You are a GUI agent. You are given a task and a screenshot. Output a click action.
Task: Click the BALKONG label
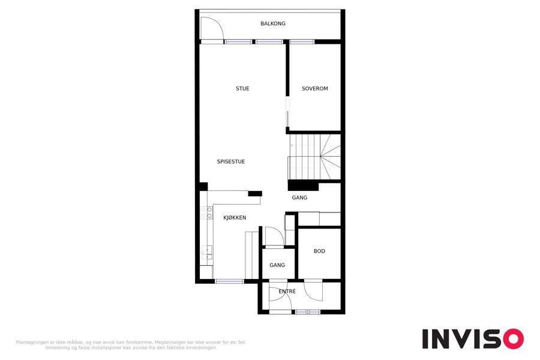click(273, 23)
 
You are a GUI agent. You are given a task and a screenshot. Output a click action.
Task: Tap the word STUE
click(242, 89)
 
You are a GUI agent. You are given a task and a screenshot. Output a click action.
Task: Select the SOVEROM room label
click(315, 89)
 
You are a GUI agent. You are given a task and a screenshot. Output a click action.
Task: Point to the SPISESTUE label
click(231, 161)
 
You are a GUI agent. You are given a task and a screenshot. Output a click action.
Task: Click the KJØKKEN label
click(235, 218)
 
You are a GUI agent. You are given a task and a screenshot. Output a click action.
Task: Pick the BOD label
click(319, 251)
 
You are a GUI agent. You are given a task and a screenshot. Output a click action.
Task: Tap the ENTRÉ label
click(287, 292)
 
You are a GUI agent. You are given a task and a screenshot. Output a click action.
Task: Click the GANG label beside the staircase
click(299, 198)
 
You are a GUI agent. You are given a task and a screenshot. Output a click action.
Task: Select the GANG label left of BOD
click(277, 265)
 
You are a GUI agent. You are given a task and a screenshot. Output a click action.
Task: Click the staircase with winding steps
click(315, 157)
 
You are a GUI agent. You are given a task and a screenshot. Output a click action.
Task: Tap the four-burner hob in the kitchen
click(206, 212)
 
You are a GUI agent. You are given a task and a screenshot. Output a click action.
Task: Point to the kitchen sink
click(206, 252)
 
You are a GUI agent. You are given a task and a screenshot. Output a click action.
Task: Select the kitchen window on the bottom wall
click(229, 281)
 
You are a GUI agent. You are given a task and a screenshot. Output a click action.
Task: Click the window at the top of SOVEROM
click(302, 41)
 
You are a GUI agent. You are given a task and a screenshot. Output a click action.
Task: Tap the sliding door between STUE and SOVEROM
click(287, 112)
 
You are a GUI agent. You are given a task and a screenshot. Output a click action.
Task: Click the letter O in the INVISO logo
click(513, 339)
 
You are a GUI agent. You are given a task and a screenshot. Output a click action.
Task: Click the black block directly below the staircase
click(303, 186)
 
